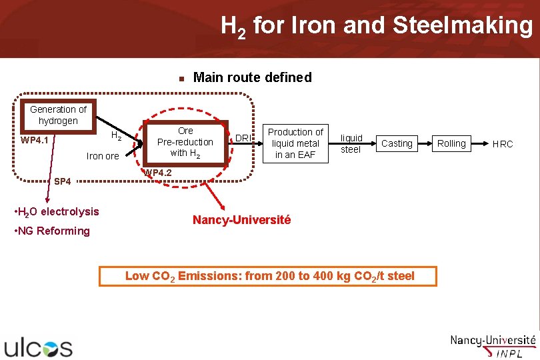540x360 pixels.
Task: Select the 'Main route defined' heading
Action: click(x=251, y=77)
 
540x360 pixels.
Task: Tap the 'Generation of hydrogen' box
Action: click(x=58, y=115)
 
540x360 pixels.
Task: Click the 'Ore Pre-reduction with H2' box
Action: click(x=185, y=142)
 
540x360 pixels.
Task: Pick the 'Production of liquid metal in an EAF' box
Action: click(x=295, y=143)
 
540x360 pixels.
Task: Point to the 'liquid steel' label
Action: click(x=351, y=143)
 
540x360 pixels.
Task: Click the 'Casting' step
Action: click(x=397, y=143)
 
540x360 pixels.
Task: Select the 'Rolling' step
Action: click(x=451, y=143)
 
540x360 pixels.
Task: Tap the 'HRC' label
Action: click(x=503, y=143)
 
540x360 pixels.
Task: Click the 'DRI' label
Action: click(x=243, y=138)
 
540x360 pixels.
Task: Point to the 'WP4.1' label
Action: click(x=34, y=141)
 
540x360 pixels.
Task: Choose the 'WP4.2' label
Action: click(x=158, y=173)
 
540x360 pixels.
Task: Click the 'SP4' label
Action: click(x=62, y=181)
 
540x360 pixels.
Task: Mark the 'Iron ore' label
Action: click(x=103, y=156)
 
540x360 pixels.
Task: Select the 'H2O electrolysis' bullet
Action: click(x=57, y=212)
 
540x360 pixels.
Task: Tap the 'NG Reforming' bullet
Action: click(x=52, y=231)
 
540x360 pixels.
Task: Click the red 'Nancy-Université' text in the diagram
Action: click(x=241, y=219)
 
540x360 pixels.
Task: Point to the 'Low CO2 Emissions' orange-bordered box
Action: click(x=268, y=276)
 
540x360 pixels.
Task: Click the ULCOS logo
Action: click(x=39, y=347)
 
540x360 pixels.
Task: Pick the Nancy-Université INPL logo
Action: click(x=493, y=346)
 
